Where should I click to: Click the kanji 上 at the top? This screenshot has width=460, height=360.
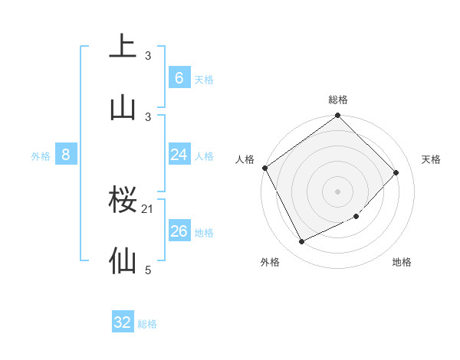tap(123, 46)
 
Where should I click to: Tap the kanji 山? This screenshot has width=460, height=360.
tap(123, 106)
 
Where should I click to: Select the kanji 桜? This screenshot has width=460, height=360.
tap(123, 200)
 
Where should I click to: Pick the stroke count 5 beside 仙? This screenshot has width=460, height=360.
tap(148, 270)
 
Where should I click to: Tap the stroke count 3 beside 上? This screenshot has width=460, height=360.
tap(148, 56)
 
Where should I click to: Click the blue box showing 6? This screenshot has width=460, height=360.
tap(179, 77)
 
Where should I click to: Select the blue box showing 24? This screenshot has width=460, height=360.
tap(179, 155)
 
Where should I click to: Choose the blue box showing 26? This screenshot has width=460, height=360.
tap(179, 231)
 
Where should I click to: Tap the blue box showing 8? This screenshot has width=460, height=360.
tap(66, 155)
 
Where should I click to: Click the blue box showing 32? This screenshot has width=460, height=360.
tap(123, 322)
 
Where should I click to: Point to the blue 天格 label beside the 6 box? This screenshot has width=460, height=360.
tap(204, 79)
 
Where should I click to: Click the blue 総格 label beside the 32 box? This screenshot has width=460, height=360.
tap(147, 324)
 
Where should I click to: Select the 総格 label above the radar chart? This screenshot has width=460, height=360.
tap(338, 100)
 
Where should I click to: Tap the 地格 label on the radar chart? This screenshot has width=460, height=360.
tap(402, 262)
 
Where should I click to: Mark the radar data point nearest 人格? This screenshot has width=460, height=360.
tap(265, 168)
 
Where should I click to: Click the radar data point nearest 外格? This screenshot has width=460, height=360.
tap(302, 242)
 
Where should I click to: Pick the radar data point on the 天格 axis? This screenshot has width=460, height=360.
tap(396, 172)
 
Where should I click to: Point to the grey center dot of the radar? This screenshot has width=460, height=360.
tap(338, 191)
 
